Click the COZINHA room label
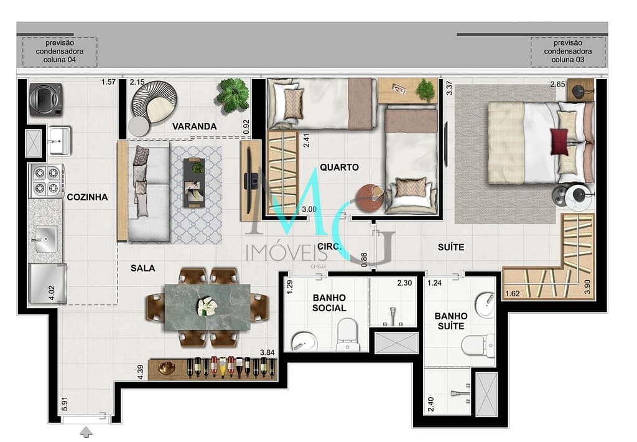87,197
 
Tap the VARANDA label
194,126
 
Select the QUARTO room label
339,167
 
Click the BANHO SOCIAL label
329,303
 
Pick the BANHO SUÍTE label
449,321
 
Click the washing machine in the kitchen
45,99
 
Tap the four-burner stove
45,180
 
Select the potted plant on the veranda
233,95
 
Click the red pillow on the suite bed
559,141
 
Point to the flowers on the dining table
206,306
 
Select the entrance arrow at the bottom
86,432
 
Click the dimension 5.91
64,405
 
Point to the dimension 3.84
266,353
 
